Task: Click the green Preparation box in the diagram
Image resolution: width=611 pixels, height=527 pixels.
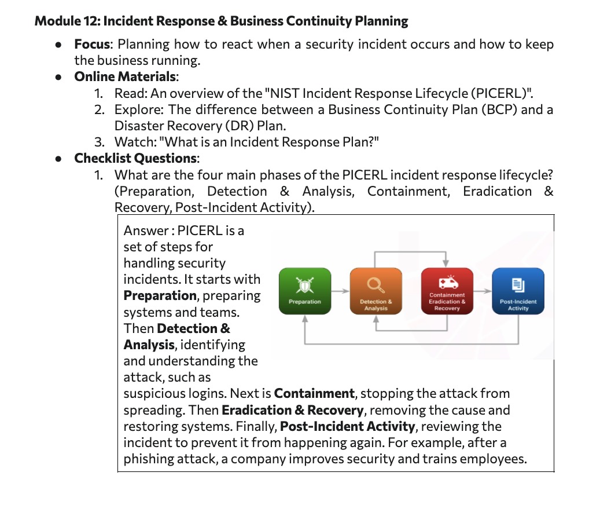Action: click(x=305, y=291)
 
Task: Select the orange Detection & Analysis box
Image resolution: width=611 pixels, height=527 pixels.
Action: click(x=376, y=291)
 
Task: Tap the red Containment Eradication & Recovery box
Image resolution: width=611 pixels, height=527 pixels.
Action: click(x=447, y=291)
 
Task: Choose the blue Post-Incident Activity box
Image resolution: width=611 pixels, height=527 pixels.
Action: click(x=518, y=291)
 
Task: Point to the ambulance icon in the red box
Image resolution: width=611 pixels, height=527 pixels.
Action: click(x=448, y=282)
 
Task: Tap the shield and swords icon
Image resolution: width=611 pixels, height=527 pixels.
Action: click(x=305, y=285)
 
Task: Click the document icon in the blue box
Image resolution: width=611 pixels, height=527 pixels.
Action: click(x=518, y=285)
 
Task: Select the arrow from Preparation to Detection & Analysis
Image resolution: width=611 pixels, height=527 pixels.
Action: click(x=340, y=291)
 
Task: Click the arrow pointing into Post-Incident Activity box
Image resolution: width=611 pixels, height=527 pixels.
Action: click(x=483, y=291)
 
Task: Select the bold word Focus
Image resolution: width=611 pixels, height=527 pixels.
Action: click(x=93, y=45)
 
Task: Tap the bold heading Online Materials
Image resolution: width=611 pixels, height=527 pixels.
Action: click(x=125, y=76)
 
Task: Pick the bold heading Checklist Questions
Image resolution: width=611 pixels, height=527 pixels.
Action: click(x=135, y=158)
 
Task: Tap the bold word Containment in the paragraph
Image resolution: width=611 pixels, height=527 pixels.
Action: click(x=314, y=394)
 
